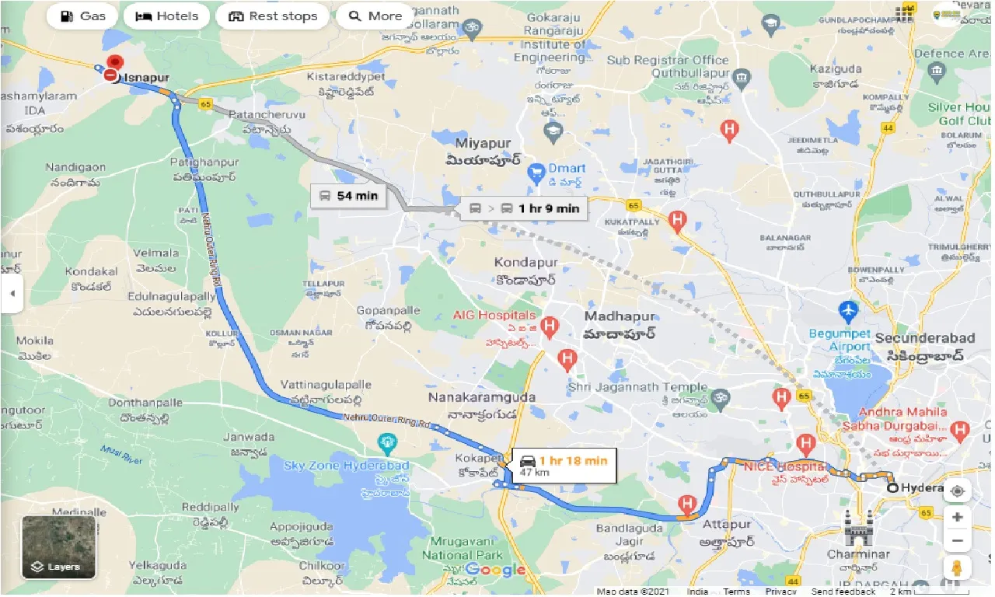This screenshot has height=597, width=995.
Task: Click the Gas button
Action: [x=81, y=16]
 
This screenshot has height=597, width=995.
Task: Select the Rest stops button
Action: [x=272, y=16]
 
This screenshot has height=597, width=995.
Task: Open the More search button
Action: [x=375, y=16]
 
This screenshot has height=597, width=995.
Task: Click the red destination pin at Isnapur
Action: [x=116, y=63]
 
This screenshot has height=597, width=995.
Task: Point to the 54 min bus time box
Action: [x=348, y=196]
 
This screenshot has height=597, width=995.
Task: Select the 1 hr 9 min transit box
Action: [x=524, y=208]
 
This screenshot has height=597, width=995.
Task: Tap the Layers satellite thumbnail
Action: [x=58, y=547]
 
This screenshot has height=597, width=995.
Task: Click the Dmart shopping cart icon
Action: [x=535, y=171]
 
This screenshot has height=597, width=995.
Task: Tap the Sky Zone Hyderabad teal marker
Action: [x=386, y=444]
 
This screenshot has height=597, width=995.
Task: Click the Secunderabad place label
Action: [x=924, y=338]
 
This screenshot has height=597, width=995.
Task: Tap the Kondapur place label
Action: [x=526, y=262]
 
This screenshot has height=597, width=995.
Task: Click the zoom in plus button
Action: [x=957, y=517]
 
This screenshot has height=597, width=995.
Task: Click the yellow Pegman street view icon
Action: [x=957, y=568]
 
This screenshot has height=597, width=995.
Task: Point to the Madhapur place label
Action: [x=620, y=317]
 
